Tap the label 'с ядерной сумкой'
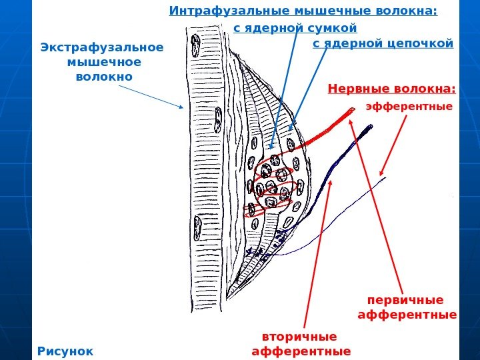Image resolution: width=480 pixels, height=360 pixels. click(x=295, y=28)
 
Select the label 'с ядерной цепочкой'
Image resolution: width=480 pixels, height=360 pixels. click(x=383, y=44)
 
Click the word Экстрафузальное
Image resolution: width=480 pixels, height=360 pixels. click(x=102, y=48)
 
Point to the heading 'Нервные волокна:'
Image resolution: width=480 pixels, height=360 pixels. click(x=391, y=89)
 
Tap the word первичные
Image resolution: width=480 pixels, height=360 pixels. click(x=405, y=299)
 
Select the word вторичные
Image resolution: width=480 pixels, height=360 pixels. click(x=299, y=336)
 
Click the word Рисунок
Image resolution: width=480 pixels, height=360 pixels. click(x=66, y=350)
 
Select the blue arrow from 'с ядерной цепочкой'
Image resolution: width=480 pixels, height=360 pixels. click(x=309, y=87)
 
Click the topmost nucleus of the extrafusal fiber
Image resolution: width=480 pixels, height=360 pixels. click(x=196, y=46)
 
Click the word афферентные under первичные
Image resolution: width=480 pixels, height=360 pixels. click(x=407, y=314)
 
